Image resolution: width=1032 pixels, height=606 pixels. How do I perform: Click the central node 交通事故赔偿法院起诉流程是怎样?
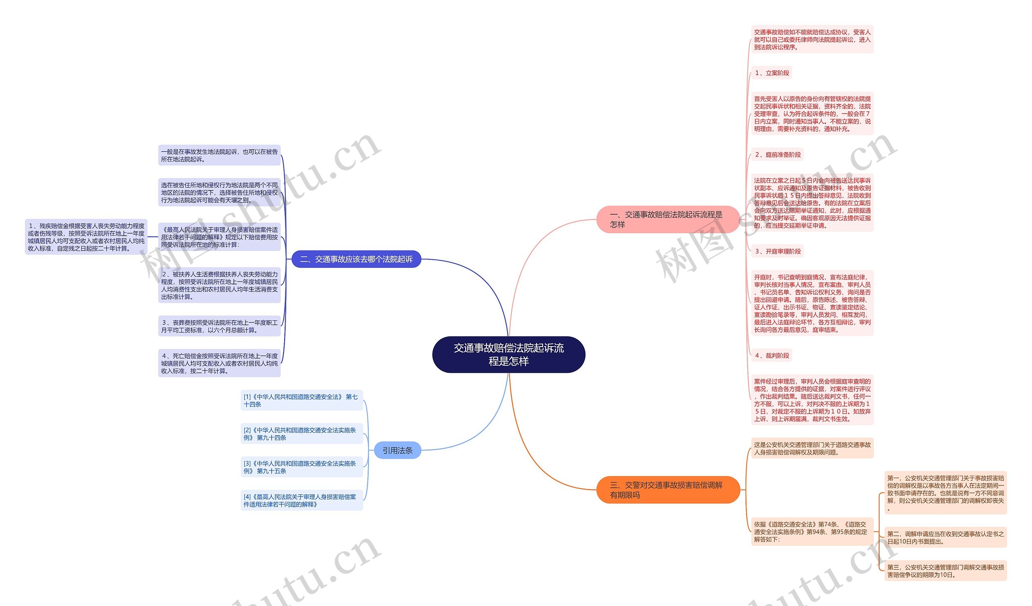(509, 354)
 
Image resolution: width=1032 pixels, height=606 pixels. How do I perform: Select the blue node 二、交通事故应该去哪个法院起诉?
(356, 259)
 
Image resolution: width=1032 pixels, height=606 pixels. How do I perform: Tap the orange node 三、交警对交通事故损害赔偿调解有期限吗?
(668, 490)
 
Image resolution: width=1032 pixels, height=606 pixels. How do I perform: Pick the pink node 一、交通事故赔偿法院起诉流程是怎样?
(668, 219)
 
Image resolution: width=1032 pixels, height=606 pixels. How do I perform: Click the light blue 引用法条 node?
(397, 450)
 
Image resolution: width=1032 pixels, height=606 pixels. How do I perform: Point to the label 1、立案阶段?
(772, 73)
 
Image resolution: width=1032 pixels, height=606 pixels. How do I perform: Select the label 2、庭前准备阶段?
(777, 155)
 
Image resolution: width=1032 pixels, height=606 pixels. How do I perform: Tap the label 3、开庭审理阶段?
(777, 251)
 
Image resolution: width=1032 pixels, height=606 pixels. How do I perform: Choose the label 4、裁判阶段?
(772, 355)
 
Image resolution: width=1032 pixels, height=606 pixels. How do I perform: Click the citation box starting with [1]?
(302, 400)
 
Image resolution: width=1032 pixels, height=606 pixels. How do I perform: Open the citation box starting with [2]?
(302, 433)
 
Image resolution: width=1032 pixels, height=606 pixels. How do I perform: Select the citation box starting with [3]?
(302, 467)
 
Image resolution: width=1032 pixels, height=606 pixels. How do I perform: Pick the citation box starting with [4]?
(302, 500)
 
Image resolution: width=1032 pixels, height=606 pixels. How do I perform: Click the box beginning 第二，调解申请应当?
(945, 537)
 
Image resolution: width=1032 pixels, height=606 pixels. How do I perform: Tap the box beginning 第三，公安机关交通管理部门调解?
(945, 571)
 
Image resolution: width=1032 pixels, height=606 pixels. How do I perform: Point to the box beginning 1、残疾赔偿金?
(86, 237)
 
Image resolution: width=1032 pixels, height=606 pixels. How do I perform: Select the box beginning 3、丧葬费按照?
(219, 326)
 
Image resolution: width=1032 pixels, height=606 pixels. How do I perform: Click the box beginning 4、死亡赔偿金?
(219, 363)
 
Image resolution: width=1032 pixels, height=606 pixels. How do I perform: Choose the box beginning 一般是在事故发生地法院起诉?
(219, 155)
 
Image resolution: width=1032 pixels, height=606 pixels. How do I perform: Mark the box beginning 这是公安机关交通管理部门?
(812, 448)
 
